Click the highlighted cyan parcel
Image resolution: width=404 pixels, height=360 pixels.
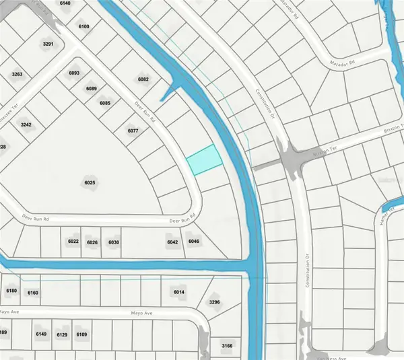point(204,160)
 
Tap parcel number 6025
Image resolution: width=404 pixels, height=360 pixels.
point(90,183)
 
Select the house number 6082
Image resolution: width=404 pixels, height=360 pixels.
point(143,79)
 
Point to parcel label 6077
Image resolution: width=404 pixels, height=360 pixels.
point(132,131)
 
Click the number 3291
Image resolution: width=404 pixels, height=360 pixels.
point(48,44)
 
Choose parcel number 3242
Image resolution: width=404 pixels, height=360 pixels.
point(26,124)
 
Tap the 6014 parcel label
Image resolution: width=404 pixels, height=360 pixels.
point(178,292)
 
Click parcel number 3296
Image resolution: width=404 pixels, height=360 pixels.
point(215,303)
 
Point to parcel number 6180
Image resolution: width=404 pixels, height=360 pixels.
point(11,291)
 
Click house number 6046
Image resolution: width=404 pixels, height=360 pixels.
point(194,242)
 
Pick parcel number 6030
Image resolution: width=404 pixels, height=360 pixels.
point(114,242)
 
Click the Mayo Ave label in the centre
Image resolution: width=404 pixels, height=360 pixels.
point(143,314)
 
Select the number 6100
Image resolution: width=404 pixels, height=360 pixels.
point(83,26)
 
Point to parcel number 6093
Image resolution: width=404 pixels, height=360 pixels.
point(74,73)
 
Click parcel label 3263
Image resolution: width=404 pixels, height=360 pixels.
point(17,74)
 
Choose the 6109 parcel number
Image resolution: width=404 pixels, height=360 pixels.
point(82,334)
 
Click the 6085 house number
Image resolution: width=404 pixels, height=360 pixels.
point(104,103)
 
